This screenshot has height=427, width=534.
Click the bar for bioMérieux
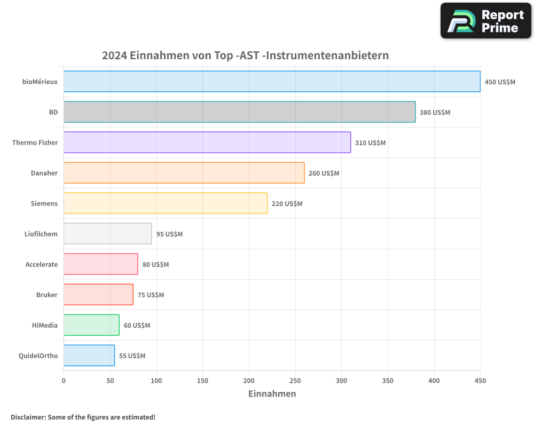pyautogui.click(x=272, y=82)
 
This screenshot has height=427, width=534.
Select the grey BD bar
pyautogui.click(x=239, y=112)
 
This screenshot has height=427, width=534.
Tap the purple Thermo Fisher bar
pyautogui.click(x=207, y=143)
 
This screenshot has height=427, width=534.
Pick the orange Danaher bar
pyautogui.click(x=184, y=173)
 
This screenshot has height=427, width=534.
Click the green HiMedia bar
pyautogui.click(x=91, y=325)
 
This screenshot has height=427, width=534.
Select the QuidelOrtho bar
pyautogui.click(x=89, y=355)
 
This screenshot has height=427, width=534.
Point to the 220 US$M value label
pyautogui.click(x=287, y=204)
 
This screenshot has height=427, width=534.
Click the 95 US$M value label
pyautogui.click(x=169, y=234)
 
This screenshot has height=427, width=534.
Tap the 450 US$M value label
pyautogui.click(x=500, y=82)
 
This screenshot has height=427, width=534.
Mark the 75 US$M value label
pyautogui.click(x=151, y=295)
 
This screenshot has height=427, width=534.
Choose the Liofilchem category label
pyautogui.click(x=41, y=234)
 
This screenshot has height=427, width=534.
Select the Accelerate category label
pyautogui.click(x=42, y=264)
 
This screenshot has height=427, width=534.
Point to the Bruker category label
pyautogui.click(x=47, y=295)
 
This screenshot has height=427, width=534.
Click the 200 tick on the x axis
pyautogui.click(x=249, y=381)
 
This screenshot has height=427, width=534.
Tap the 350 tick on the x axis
pyautogui.click(x=388, y=381)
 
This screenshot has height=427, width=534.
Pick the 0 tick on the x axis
pyautogui.click(x=64, y=381)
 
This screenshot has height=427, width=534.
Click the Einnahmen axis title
pyautogui.click(x=272, y=394)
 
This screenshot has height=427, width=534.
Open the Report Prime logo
pyautogui.click(x=486, y=21)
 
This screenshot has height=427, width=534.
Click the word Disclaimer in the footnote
pyautogui.click(x=27, y=417)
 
